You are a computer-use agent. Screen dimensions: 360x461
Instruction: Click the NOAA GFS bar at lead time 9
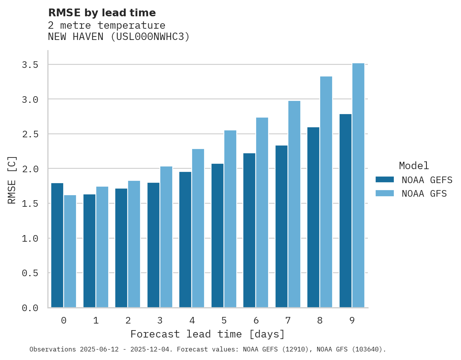tap(358, 185)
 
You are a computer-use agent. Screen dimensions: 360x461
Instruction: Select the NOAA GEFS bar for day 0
tap(57, 245)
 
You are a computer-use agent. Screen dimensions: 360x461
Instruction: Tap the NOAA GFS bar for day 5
tap(230, 219)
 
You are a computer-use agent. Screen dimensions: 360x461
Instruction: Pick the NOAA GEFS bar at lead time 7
tap(281, 227)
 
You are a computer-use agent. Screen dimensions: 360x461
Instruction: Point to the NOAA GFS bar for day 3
tap(166, 237)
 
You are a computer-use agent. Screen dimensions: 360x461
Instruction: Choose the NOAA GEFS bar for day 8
tap(313, 217)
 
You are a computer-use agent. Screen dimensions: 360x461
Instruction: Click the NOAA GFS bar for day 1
tap(102, 247)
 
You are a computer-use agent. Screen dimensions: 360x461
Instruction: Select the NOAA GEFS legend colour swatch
tap(385, 180)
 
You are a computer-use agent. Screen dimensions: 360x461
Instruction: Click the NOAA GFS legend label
tap(424, 194)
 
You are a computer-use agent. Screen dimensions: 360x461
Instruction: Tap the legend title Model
tap(414, 166)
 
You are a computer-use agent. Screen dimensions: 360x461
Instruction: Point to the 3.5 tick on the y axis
tap(30, 65)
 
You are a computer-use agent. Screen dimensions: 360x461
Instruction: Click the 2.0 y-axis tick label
tap(30, 169)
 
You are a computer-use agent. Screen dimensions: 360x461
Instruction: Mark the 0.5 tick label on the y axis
tap(30, 273)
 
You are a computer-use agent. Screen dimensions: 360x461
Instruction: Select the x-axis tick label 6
tap(256, 320)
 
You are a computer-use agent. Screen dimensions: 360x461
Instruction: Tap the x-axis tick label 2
tap(128, 320)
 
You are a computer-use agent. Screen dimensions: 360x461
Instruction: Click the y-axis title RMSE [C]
tap(12, 180)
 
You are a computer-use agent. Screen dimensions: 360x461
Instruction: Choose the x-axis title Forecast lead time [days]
tap(208, 334)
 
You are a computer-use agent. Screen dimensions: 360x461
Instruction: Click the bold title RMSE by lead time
tap(102, 13)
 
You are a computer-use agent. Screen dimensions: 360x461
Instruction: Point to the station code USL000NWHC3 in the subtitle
tap(147, 37)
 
